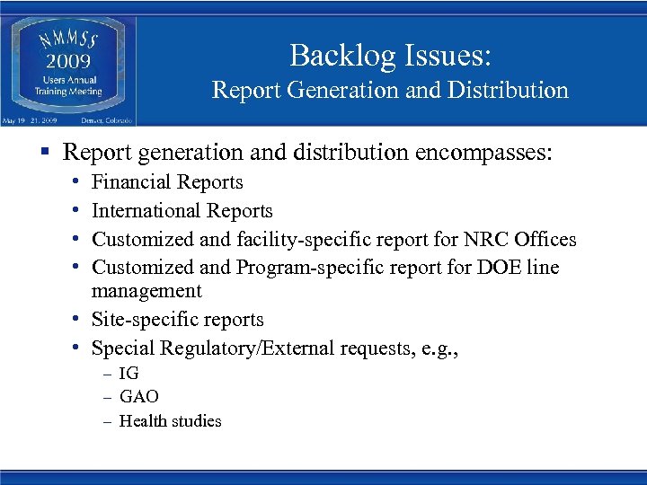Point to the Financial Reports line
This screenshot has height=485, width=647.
click(167, 182)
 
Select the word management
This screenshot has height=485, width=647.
click(146, 291)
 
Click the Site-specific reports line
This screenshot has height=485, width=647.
click(178, 320)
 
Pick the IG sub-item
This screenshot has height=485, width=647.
click(129, 374)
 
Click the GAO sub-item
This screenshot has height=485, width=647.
click(138, 396)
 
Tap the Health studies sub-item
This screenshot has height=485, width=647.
click(170, 420)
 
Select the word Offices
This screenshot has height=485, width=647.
click(547, 240)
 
